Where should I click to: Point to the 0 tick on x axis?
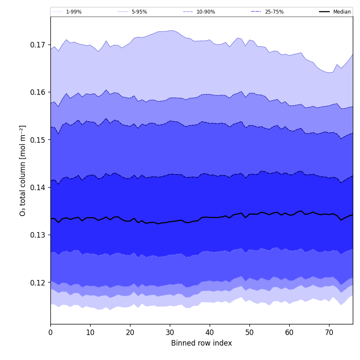pyautogui.click(x=50, y=332)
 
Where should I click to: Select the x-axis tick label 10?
pyautogui.click(x=90, y=332)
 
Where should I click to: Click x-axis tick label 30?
pyautogui.click(x=170, y=332)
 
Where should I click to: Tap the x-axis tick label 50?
pyautogui.click(x=249, y=332)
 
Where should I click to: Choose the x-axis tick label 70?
pyautogui.click(x=329, y=332)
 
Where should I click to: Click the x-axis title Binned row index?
pyautogui.click(x=202, y=343)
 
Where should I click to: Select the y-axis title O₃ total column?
pyautogui.click(x=22, y=170)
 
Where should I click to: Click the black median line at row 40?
pyautogui.click(x=210, y=217)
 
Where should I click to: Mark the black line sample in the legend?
pyautogui.click(x=325, y=12)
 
